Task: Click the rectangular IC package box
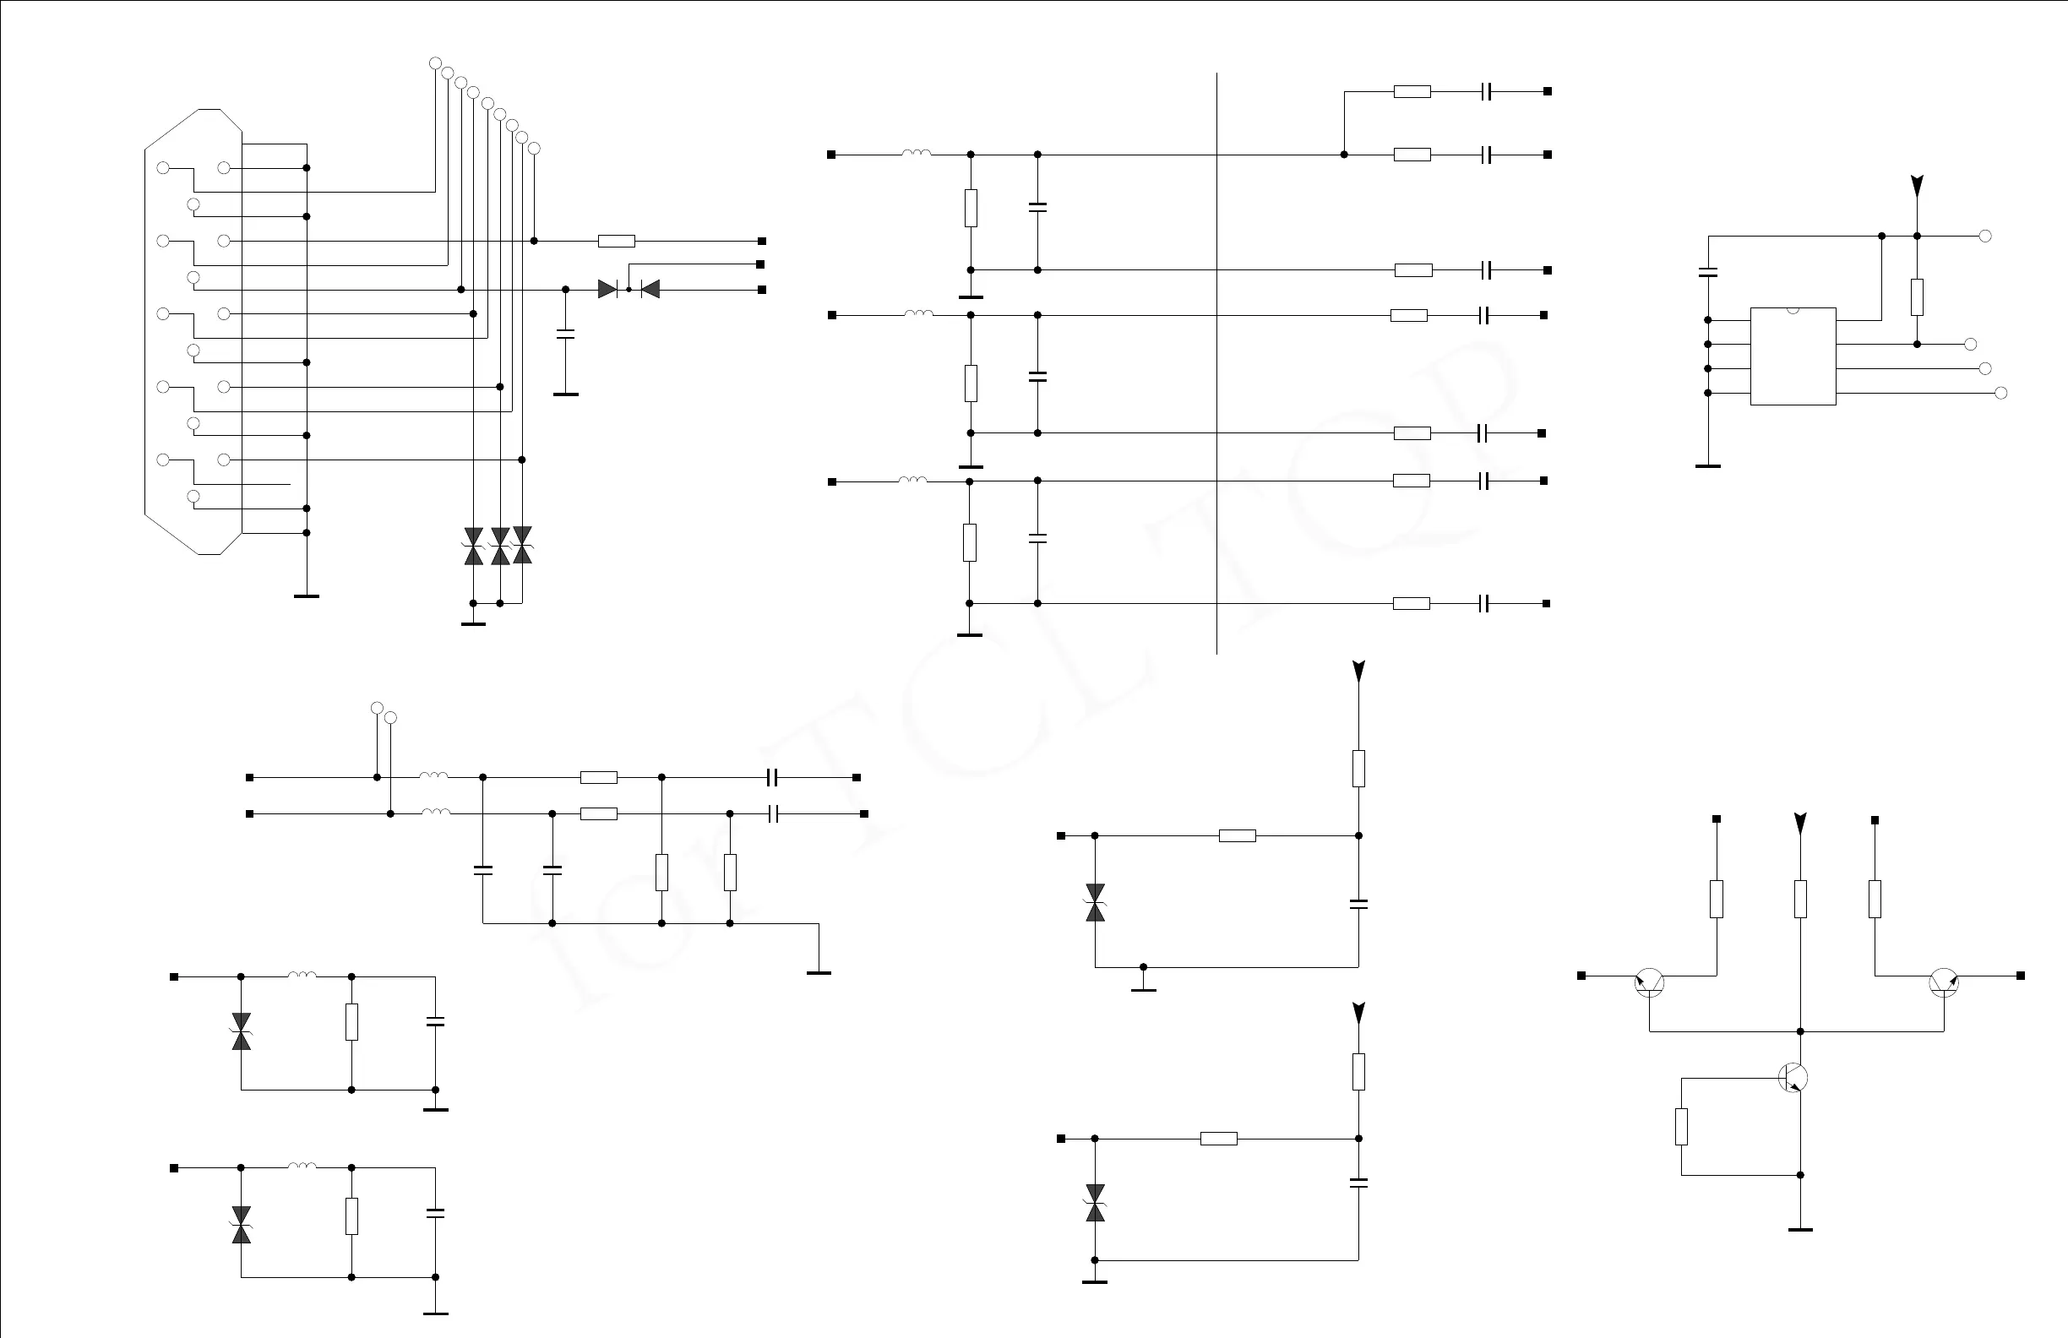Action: point(1793,356)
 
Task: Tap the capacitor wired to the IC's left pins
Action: point(1707,272)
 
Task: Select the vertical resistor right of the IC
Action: point(1917,297)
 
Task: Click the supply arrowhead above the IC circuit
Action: point(1917,185)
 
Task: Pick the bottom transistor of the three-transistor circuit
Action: point(1793,1077)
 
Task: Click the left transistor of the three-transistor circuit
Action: point(1649,982)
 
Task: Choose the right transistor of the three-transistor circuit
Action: point(1944,982)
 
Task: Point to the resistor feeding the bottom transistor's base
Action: point(1681,1127)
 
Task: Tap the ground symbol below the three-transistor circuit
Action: point(1799,1229)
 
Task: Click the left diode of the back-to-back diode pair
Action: point(608,290)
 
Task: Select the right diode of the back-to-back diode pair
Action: point(649,290)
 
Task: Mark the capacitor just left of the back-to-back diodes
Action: point(566,334)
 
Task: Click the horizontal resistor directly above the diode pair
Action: point(616,241)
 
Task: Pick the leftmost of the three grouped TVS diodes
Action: point(474,547)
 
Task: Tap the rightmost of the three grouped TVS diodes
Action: point(522,545)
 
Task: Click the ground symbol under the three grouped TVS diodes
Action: point(474,623)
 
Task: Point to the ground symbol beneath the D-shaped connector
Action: point(307,596)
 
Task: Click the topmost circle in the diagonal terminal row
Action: point(435,63)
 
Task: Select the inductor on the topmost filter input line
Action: point(917,154)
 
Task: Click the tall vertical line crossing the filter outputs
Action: point(1216,365)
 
